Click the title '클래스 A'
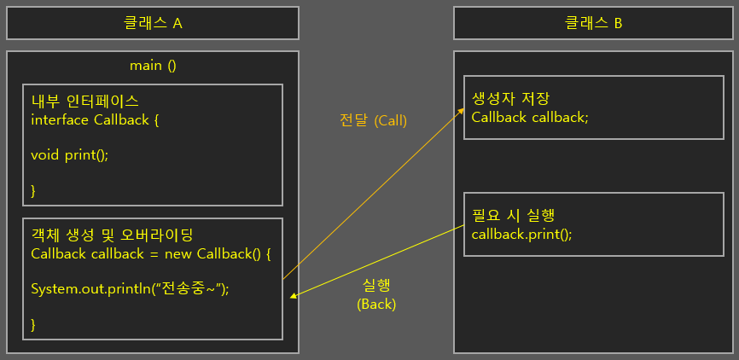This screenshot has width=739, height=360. [153, 23]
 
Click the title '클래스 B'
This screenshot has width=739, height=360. [593, 23]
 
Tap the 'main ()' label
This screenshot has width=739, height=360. [153, 66]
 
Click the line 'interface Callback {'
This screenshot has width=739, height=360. [95, 119]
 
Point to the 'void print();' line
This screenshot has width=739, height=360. [70, 154]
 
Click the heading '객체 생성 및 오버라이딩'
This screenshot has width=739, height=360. [113, 235]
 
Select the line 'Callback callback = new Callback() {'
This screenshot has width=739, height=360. [150, 253]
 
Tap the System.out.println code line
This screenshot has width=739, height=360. [131, 288]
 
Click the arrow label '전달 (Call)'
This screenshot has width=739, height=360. [373, 121]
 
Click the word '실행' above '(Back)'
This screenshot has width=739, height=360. [376, 285]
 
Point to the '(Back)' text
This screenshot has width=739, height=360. [376, 304]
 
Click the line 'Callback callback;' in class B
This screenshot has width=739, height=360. [530, 117]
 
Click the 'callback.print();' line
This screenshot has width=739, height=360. [521, 233]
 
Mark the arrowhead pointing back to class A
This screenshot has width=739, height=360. [294, 297]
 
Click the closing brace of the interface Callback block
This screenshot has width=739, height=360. [34, 190]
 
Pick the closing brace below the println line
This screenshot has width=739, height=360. [34, 324]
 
